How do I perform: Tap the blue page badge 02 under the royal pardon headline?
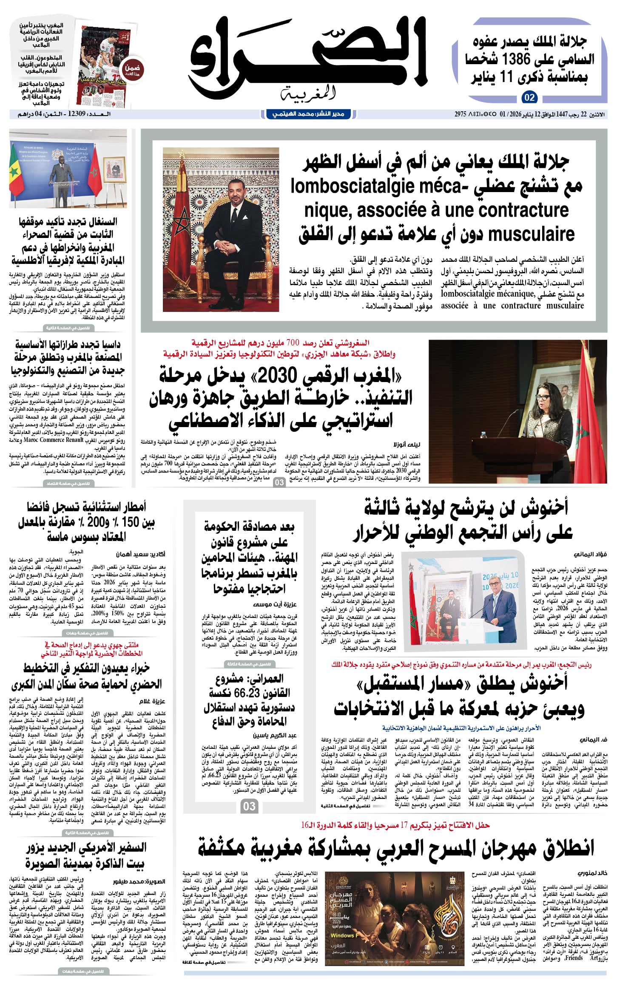529,98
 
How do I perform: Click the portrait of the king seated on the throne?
221,229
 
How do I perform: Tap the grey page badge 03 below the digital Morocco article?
279,482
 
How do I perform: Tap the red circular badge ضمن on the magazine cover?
132,70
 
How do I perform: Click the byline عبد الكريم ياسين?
275,735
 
